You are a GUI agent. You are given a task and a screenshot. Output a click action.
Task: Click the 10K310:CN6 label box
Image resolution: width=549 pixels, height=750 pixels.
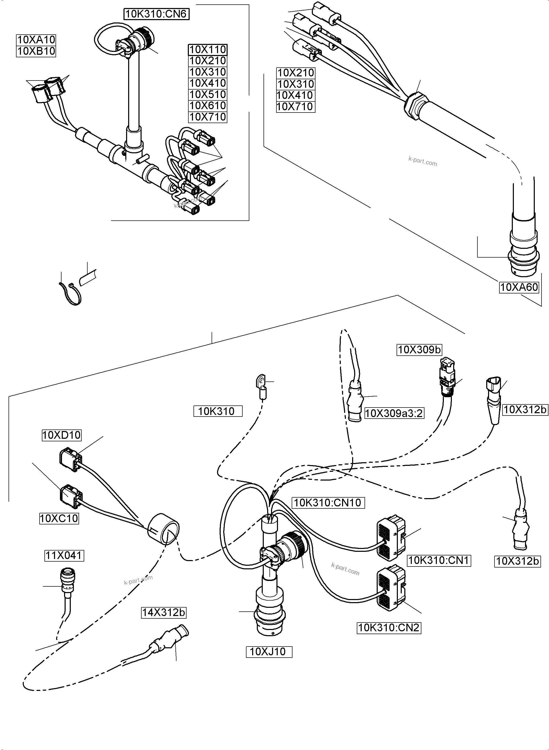pyautogui.click(x=157, y=14)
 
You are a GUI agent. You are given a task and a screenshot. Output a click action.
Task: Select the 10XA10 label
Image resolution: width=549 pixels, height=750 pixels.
pyautogui.click(x=36, y=40)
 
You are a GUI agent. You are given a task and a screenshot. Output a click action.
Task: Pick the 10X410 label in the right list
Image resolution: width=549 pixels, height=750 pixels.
pyautogui.click(x=295, y=95)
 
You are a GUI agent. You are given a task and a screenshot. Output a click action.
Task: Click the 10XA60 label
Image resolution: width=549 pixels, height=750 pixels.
pyautogui.click(x=519, y=287)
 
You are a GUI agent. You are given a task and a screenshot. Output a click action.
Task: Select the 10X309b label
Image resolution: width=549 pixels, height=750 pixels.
pyautogui.click(x=419, y=350)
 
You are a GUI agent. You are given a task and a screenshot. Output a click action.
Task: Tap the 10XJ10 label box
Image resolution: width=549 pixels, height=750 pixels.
pyautogui.click(x=268, y=652)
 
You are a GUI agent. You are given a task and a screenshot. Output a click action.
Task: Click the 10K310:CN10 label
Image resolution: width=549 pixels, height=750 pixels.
pyautogui.click(x=327, y=503)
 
